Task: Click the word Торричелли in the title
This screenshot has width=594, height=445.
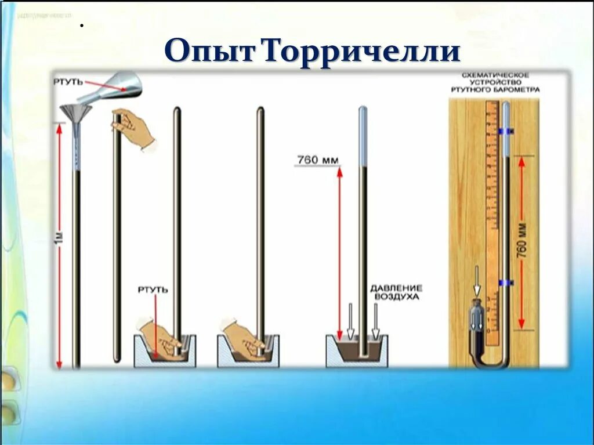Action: [x=363, y=52]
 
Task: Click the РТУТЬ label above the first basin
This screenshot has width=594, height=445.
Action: [x=153, y=289]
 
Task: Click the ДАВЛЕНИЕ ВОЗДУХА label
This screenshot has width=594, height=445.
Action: [x=397, y=292]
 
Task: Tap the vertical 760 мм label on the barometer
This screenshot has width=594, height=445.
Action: [x=521, y=240]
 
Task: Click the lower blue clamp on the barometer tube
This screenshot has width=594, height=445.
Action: [x=506, y=283]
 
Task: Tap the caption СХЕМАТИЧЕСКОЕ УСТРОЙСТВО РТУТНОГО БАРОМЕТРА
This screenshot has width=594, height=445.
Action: [x=495, y=83]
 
